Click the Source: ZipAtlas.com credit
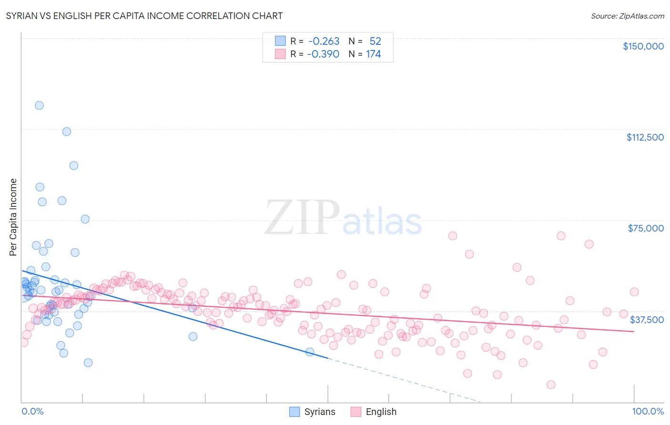[627, 16]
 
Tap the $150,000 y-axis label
[643, 46]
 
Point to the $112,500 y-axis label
[644, 137]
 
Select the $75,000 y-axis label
[645, 228]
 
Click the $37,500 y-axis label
[646, 320]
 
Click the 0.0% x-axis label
[32, 411]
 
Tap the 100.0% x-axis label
[648, 411]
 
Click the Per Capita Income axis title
[13, 217]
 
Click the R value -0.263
[324, 41]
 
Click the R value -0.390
[323, 54]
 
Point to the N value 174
[374, 54]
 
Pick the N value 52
[375, 41]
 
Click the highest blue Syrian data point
[39, 105]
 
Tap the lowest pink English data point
[551, 385]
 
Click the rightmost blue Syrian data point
[310, 352]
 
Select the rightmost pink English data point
[634, 292]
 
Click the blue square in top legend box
[280, 41]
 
